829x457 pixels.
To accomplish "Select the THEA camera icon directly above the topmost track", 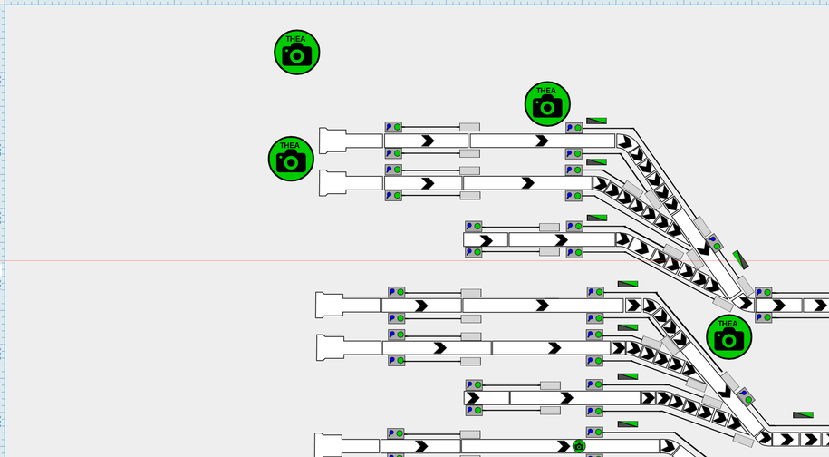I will [x=547, y=103].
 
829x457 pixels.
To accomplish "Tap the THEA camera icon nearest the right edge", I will [x=728, y=336].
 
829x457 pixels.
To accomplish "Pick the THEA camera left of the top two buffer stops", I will [x=290, y=159].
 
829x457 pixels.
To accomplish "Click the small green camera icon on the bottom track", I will [x=579, y=446].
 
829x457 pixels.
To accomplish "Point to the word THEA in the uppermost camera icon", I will [x=296, y=39].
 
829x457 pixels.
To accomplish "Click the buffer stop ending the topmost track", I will [x=333, y=141].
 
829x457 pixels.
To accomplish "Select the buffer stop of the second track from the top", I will [x=333, y=182].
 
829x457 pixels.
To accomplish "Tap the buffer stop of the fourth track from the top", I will [x=329, y=305].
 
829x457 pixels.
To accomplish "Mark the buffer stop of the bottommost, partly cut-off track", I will [x=328, y=445].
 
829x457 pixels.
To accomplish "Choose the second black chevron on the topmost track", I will [x=542, y=141].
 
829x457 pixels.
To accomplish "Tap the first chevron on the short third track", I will [x=486, y=240].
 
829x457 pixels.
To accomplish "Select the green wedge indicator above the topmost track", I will [x=596, y=121].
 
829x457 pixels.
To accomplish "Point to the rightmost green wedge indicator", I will [x=803, y=415].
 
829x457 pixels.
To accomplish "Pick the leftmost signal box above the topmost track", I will [x=393, y=127].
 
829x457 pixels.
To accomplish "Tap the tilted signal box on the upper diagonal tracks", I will [x=713, y=243].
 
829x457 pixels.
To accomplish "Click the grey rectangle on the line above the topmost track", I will [x=469, y=128].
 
